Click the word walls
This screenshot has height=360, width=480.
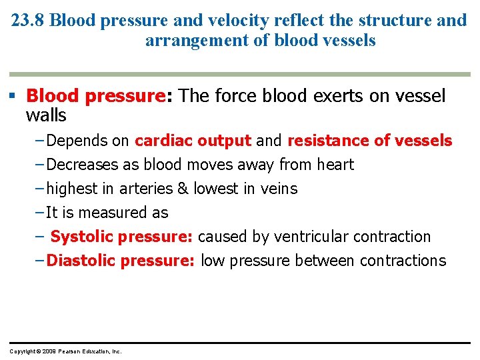(45, 116)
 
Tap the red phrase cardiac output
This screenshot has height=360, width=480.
(193, 141)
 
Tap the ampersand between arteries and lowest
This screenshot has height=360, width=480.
(183, 189)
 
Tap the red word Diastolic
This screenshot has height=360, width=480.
(81, 261)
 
